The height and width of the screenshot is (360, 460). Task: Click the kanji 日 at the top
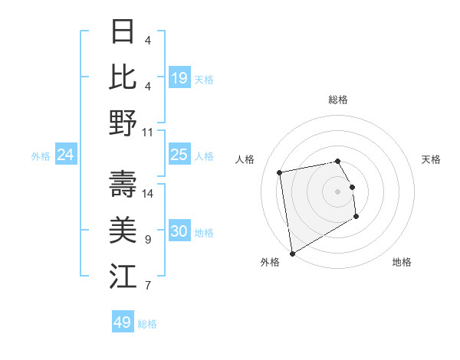pos(123,33)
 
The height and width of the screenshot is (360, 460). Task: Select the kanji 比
pos(123,77)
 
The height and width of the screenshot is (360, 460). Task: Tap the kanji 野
pos(123,123)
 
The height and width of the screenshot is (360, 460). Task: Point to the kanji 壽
pos(123,184)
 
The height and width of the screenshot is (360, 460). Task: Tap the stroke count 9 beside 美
pos(147,240)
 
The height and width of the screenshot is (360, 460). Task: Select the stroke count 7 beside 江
pos(147,286)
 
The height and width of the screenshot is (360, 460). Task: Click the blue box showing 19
pos(179,77)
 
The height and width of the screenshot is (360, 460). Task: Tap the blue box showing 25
pos(179,155)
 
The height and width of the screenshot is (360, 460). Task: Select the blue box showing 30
pos(179,231)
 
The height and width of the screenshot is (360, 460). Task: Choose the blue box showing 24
pos(65,155)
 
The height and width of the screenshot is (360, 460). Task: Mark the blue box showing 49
pos(122,322)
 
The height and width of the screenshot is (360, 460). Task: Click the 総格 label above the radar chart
pos(338,100)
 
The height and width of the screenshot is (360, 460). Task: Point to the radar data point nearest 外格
pos(291,253)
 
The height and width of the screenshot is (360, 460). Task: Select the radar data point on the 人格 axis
pos(280,172)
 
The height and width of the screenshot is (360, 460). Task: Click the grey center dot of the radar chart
pos(337,191)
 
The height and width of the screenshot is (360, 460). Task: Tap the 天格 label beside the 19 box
pos(204,78)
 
